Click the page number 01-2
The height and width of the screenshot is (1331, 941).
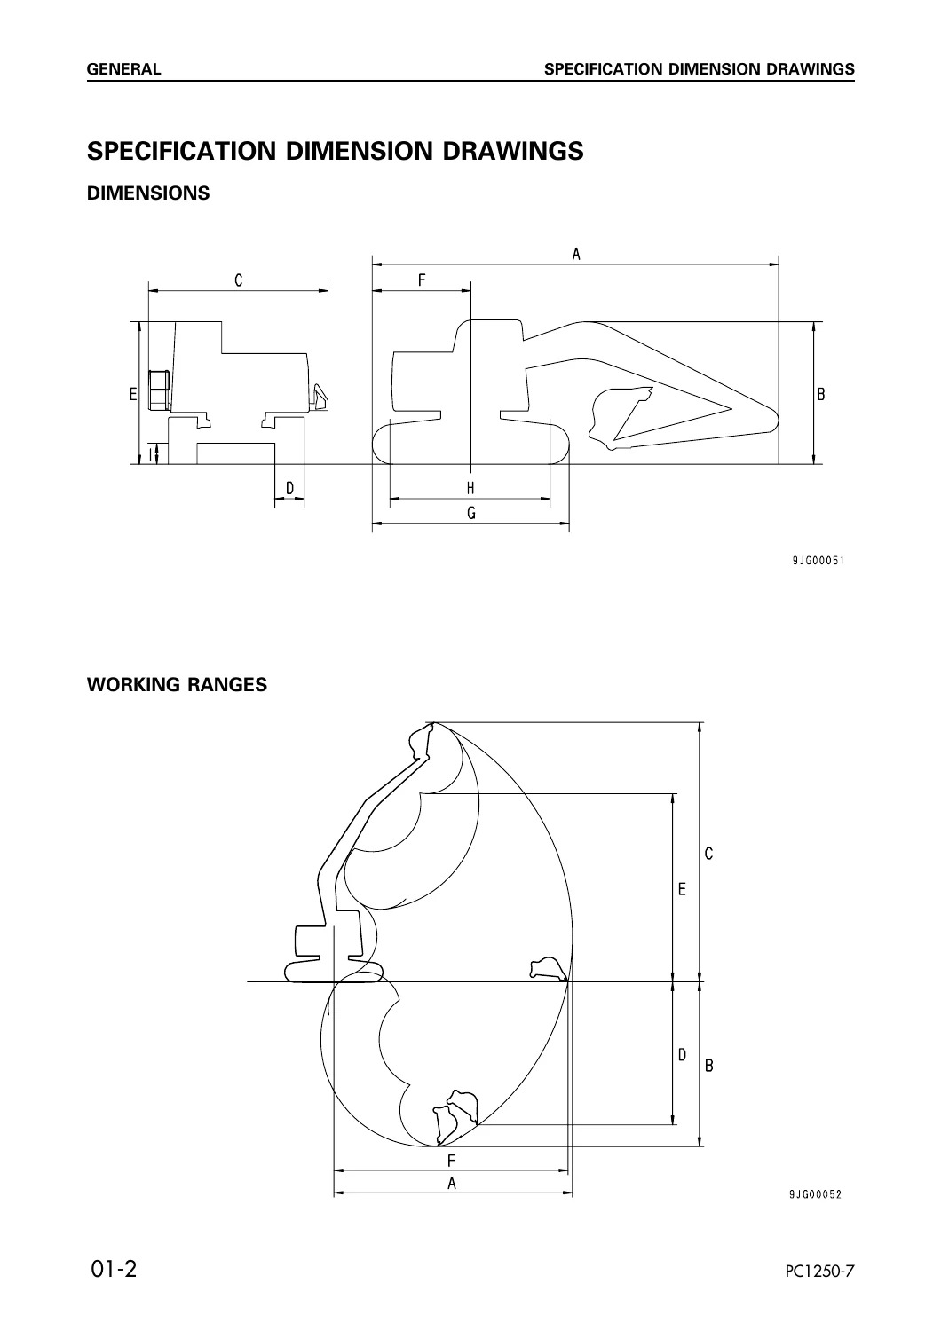[113, 1268]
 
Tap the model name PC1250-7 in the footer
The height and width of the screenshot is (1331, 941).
[819, 1271]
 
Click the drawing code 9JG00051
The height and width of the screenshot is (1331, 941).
[818, 560]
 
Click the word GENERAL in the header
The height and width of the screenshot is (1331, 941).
[123, 69]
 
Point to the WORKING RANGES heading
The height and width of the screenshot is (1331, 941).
[178, 684]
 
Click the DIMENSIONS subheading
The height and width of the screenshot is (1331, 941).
[148, 193]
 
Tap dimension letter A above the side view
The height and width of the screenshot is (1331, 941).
[576, 255]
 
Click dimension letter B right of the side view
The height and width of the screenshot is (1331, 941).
[821, 394]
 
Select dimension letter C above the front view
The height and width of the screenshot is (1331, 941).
[239, 280]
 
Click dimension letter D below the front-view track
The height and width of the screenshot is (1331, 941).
[289, 488]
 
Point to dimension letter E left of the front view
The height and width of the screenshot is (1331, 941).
[133, 394]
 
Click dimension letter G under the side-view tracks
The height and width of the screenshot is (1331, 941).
[471, 513]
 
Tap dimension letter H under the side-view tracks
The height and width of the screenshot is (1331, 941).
[470, 488]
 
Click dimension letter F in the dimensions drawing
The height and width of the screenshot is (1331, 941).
[422, 280]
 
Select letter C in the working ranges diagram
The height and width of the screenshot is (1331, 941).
[708, 854]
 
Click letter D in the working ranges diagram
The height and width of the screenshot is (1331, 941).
[683, 1055]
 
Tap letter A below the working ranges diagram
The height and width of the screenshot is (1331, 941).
[452, 1184]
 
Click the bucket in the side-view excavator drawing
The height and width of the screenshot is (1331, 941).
[618, 417]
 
